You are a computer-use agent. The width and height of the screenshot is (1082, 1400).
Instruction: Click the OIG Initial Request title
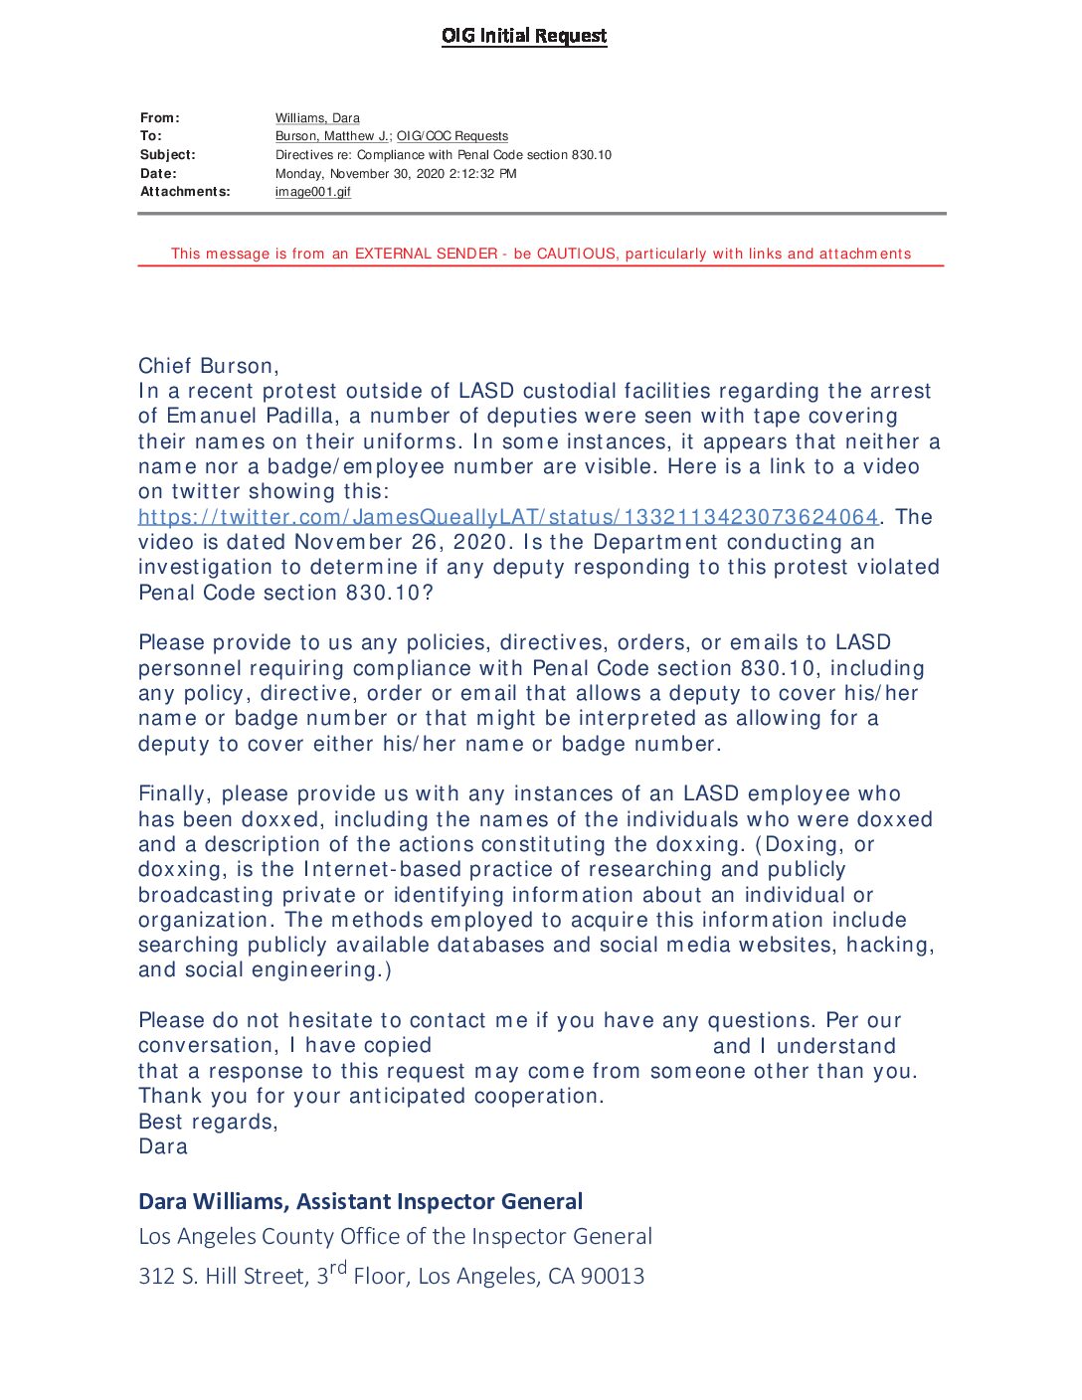524,36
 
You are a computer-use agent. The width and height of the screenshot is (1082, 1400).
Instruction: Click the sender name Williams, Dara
317,118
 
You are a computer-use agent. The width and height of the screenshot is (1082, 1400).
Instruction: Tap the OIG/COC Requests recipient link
452,136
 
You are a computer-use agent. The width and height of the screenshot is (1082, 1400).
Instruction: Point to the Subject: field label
168,155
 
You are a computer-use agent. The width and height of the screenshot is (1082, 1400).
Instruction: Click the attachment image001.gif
312,192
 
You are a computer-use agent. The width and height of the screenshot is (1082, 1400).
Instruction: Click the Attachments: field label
185,192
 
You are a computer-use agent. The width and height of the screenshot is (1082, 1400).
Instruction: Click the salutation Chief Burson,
209,366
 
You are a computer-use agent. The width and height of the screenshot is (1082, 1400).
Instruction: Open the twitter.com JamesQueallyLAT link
508,517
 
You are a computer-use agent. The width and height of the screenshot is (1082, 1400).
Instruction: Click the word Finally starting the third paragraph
174,794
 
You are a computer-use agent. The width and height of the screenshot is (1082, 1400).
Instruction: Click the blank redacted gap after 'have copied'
572,1046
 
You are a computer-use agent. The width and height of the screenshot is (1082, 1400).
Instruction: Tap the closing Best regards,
208,1122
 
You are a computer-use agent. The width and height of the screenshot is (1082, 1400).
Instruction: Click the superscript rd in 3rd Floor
338,1268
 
